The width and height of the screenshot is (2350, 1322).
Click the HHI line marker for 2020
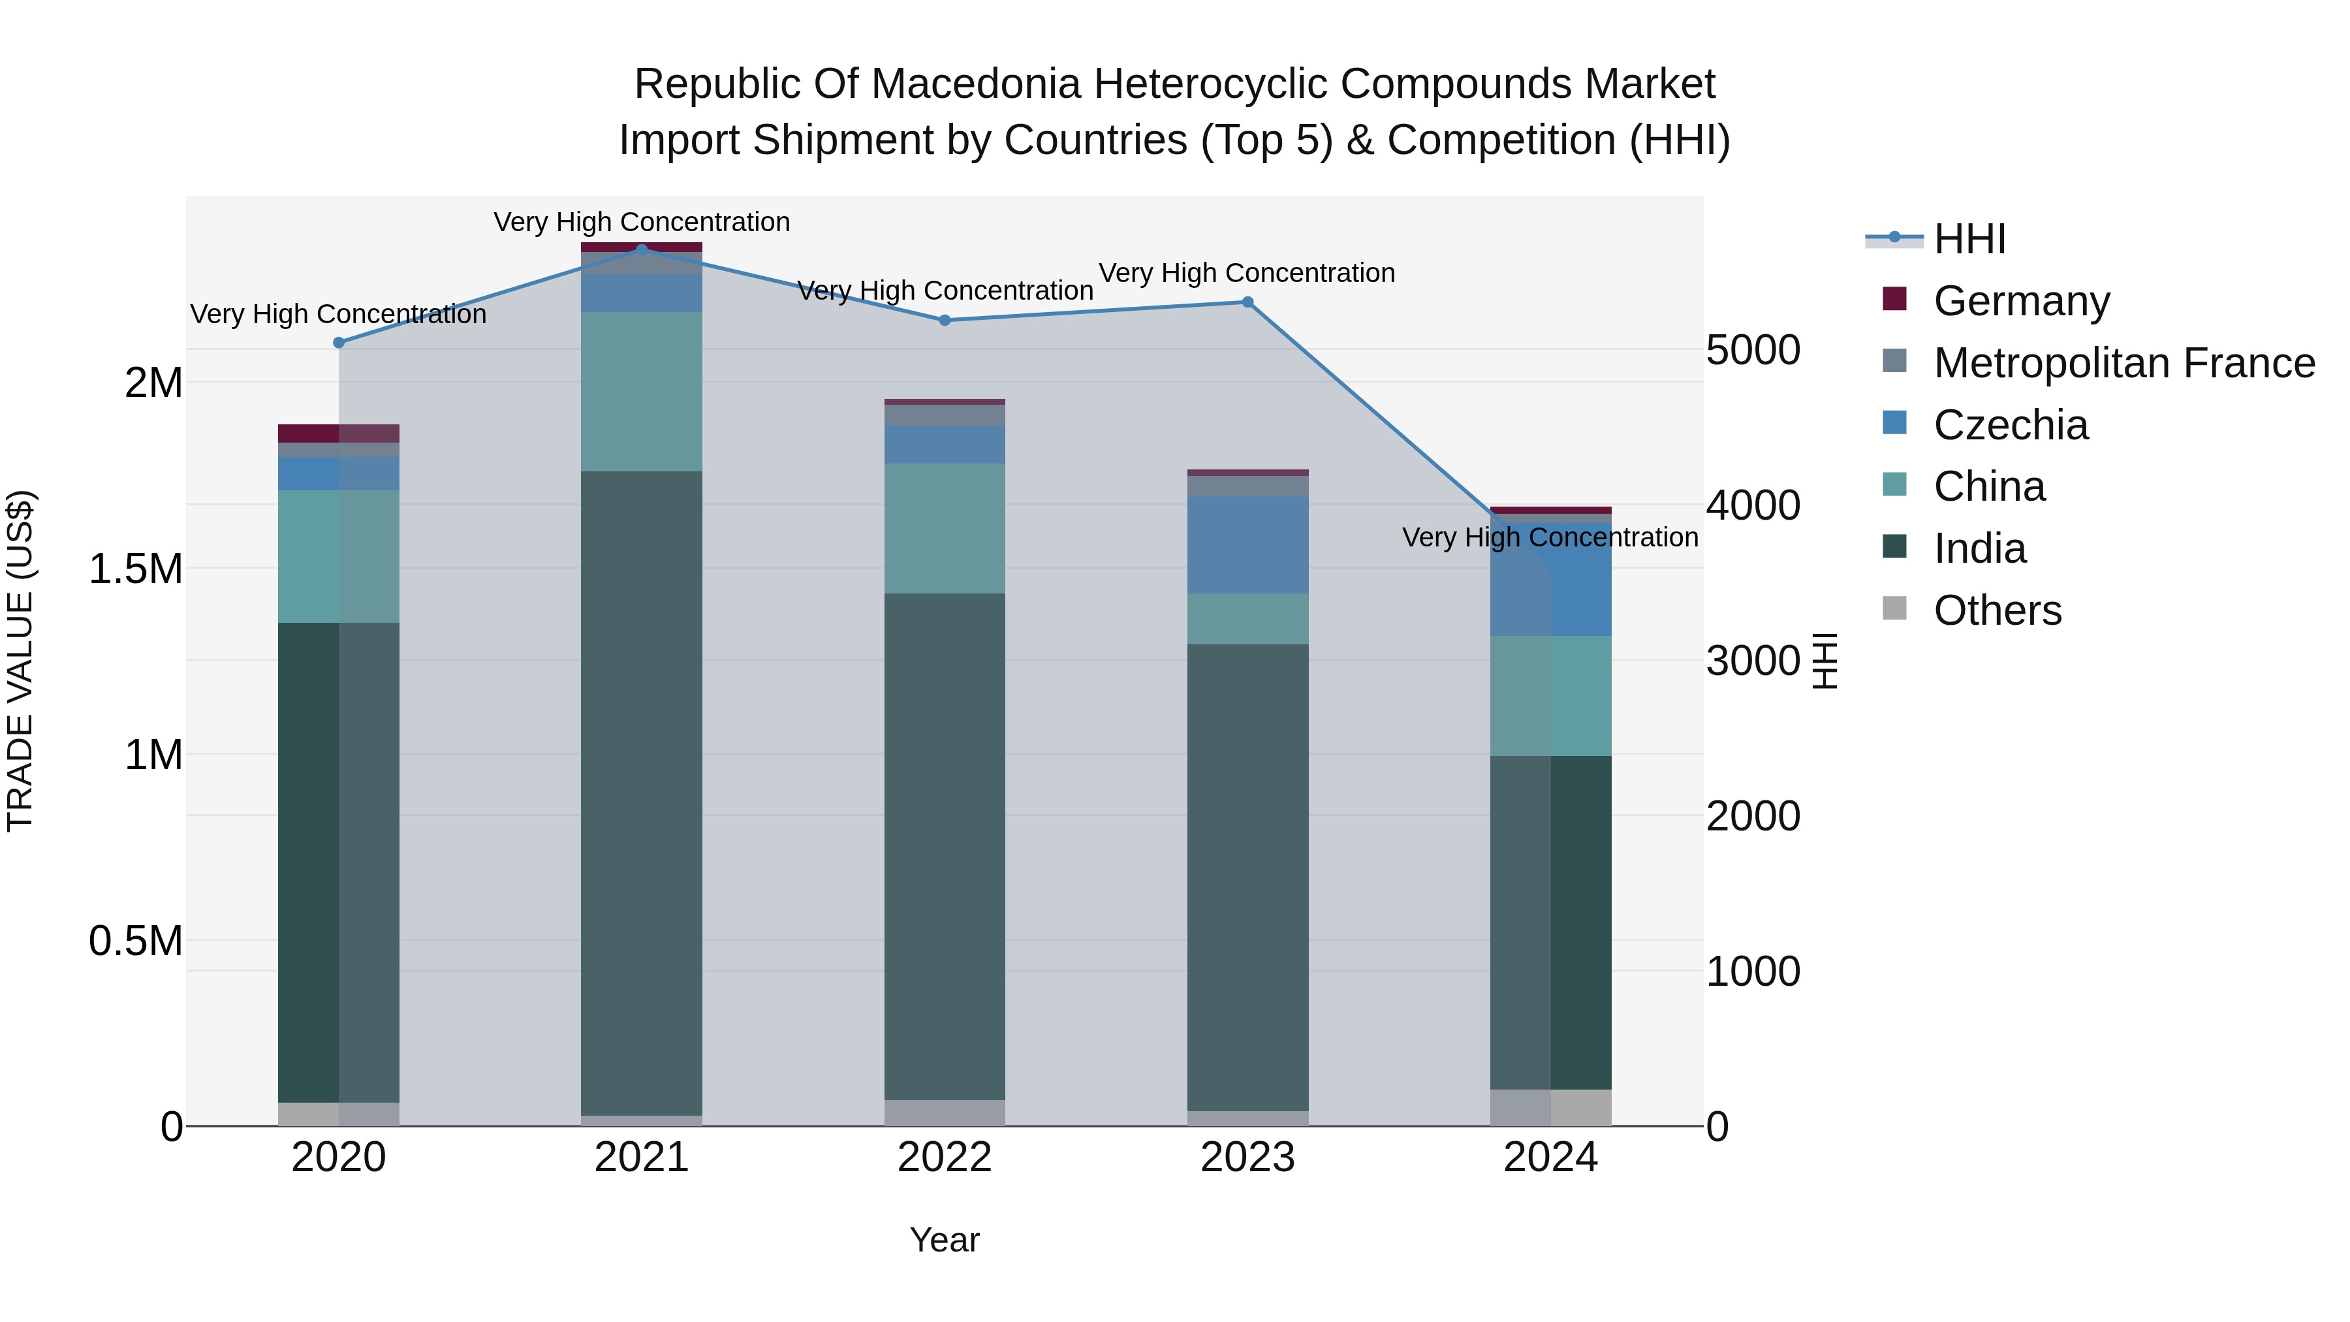(x=338, y=343)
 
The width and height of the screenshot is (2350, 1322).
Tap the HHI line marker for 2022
(x=944, y=321)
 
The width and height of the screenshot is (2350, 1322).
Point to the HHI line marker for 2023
(x=1247, y=302)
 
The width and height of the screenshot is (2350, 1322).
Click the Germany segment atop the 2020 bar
(x=338, y=433)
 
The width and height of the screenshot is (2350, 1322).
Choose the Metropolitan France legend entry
(x=2123, y=363)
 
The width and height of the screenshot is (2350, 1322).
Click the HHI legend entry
(x=1969, y=239)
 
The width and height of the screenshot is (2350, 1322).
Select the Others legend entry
(x=1997, y=610)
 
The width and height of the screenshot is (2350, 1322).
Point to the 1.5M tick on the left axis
(x=136, y=569)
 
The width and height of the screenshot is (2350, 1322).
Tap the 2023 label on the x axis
(x=1247, y=1157)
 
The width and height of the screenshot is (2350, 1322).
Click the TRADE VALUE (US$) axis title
(x=20, y=661)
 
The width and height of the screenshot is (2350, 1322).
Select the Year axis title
(x=944, y=1240)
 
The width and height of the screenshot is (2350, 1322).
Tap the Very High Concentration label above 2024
(x=1550, y=537)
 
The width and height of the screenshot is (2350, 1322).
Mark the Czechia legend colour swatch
(x=1894, y=422)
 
